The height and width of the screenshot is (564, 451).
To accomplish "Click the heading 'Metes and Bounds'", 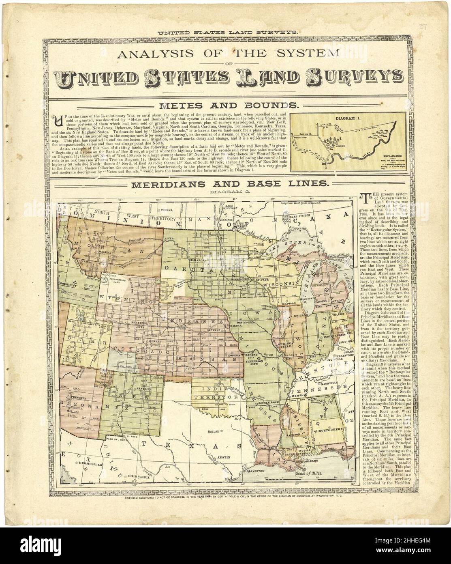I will click(x=229, y=106).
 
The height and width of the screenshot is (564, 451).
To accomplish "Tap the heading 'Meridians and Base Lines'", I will click(x=229, y=183).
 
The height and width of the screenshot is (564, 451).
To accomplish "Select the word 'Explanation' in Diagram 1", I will click(x=389, y=155).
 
